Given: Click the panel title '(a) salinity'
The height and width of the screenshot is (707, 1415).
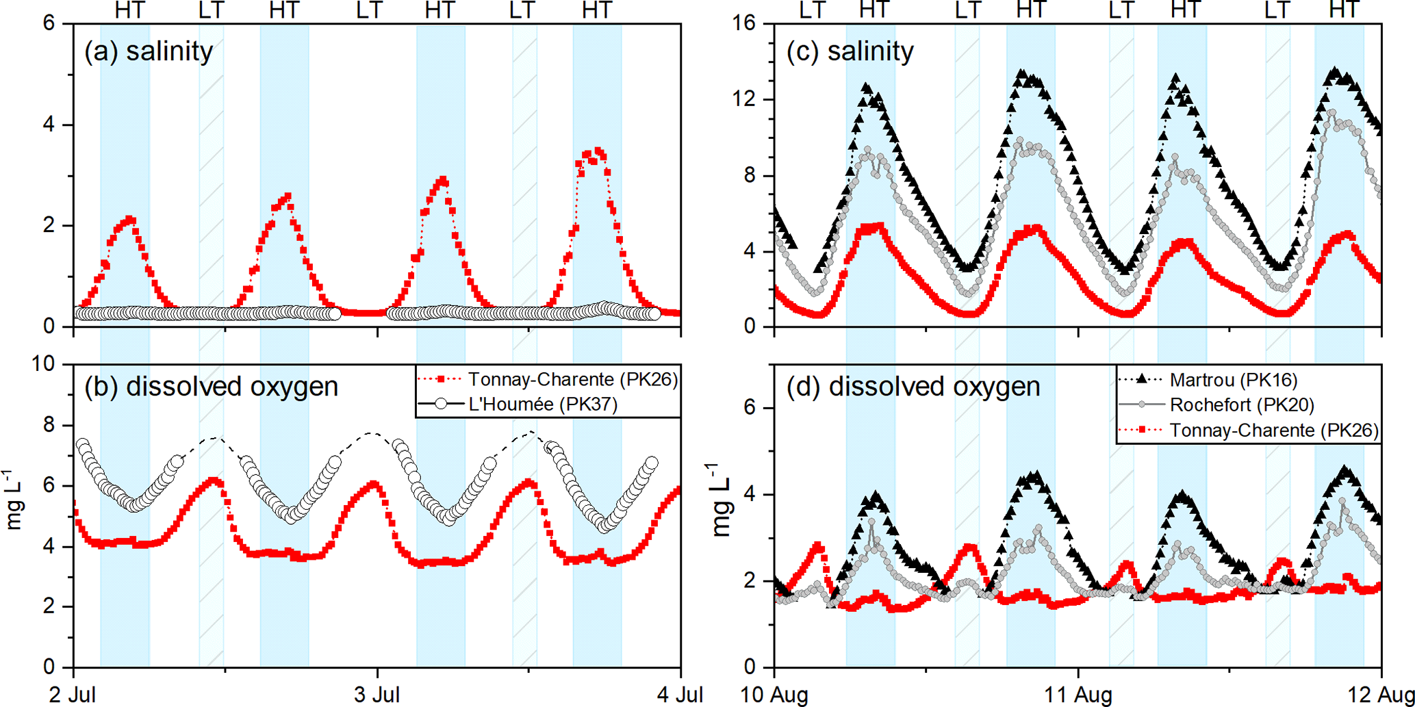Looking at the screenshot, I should [x=149, y=51].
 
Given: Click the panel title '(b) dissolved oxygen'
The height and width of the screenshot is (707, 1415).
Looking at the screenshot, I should [x=211, y=387].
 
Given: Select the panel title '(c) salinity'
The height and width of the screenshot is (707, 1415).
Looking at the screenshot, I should [x=850, y=51].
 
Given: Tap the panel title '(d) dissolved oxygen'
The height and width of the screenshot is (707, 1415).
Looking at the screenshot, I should [x=913, y=387].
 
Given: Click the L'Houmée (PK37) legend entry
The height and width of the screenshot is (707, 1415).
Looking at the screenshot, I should [x=543, y=404].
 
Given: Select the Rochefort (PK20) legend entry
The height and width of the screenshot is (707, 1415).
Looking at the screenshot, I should [x=1242, y=405].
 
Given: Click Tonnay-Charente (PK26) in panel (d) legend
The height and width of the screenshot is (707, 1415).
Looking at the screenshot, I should [x=1274, y=430].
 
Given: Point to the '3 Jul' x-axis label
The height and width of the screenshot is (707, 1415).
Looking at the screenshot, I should [x=378, y=694].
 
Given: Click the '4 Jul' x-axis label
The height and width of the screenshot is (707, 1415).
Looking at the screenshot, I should [x=680, y=694].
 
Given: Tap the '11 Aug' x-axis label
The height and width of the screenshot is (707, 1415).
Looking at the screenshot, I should [x=1078, y=694].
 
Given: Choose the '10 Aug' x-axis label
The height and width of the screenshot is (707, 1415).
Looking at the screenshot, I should [x=774, y=694].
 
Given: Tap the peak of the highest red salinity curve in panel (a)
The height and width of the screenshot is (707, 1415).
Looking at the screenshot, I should [x=599, y=151].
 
